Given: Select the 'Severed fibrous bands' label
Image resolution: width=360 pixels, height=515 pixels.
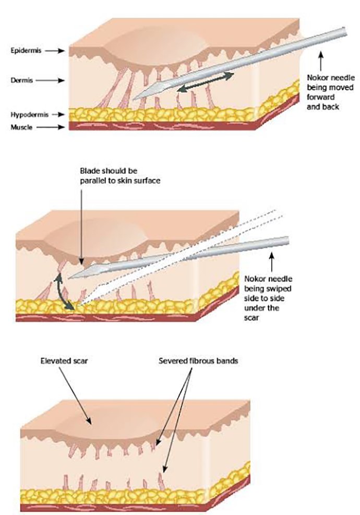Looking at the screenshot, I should click(x=199, y=361).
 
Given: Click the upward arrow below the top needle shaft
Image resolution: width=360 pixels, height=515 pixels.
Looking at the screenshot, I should click(x=322, y=59).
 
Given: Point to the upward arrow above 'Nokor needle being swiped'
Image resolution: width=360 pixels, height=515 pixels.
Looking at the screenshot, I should click(x=271, y=258).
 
